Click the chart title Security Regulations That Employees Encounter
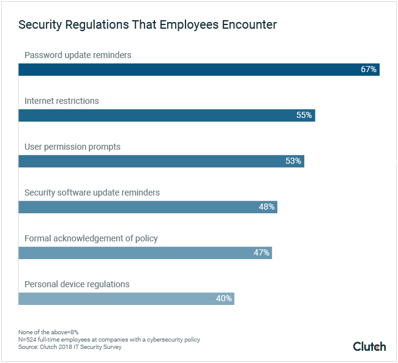coord(147,25)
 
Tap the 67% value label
coord(368,69)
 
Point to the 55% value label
coord(304,115)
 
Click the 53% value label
coord(293,161)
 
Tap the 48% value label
coord(266,207)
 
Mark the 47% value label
coord(261,252)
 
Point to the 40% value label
coord(223,298)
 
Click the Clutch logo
coord(369,346)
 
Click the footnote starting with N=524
coord(109,339)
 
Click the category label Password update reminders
coord(78,55)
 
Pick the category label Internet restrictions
coord(61,101)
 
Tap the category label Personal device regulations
coord(77,284)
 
